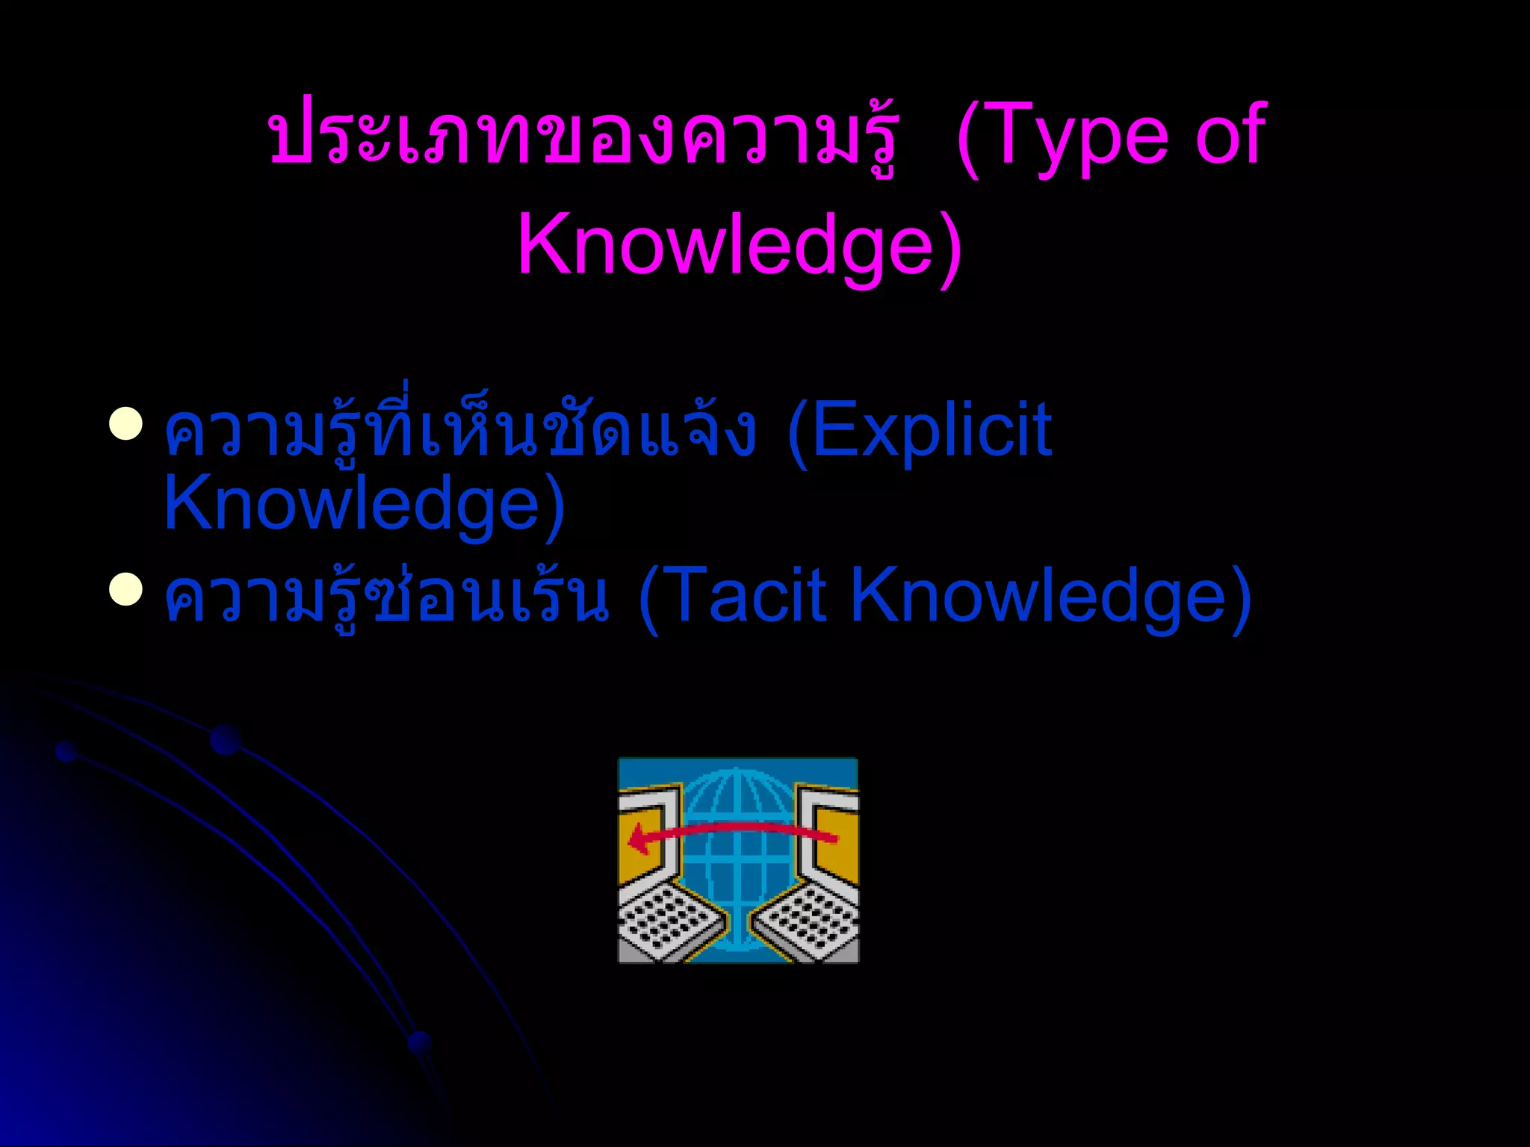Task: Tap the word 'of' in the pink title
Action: pos(1230,134)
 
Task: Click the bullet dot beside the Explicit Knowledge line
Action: pos(126,425)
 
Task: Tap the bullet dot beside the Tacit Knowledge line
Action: pos(126,589)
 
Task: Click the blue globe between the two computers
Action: pos(737,859)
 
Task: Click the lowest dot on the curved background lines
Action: pos(421,1042)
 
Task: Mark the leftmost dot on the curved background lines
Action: pos(66,751)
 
